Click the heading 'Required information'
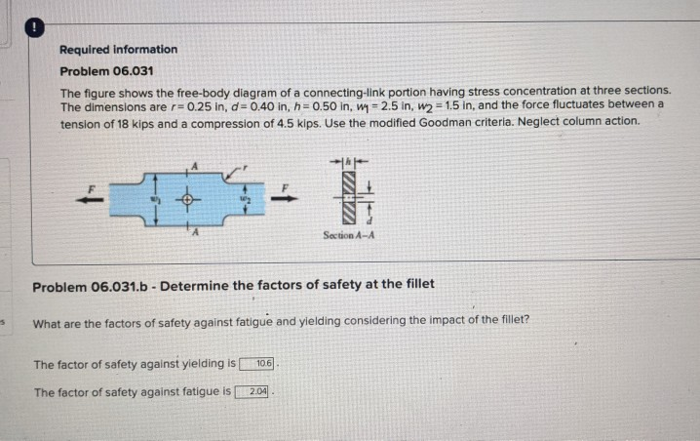118,49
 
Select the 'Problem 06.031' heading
105,71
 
